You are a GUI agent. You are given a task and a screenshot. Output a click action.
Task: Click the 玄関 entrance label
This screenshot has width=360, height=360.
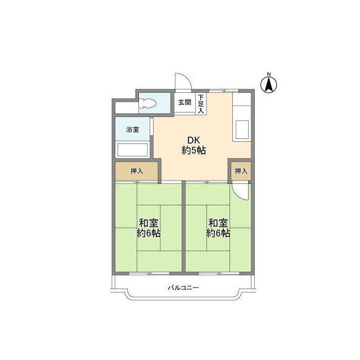(x=185, y=102)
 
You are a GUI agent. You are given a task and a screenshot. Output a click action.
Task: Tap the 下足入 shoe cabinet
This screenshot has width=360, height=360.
(x=201, y=103)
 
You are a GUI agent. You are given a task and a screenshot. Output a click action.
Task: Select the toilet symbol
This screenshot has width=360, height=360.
(x=147, y=103)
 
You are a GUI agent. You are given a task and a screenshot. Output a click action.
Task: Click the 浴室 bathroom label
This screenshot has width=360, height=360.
(x=133, y=129)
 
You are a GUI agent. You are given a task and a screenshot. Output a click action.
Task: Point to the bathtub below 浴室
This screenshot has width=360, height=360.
(x=133, y=150)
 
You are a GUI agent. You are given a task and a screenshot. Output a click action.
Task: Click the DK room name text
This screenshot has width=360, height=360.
(x=193, y=140)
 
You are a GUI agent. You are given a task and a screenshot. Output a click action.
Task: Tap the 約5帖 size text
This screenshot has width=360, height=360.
(x=193, y=150)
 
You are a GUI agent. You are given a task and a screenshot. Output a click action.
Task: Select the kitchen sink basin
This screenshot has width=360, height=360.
(x=242, y=130)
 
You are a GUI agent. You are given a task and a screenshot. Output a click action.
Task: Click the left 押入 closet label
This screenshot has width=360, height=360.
(x=137, y=171)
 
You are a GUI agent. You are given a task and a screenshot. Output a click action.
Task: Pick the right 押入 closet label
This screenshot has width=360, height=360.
(x=241, y=171)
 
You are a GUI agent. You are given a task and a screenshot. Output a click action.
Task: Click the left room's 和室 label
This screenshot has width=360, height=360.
(x=148, y=223)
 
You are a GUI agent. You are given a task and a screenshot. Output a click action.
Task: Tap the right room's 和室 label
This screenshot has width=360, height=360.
(x=218, y=223)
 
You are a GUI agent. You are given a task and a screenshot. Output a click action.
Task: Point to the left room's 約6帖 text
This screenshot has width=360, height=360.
(x=148, y=233)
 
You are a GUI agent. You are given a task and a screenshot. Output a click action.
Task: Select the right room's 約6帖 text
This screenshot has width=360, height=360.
(x=218, y=233)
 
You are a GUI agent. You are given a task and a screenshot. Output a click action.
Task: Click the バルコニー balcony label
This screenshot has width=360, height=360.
(x=183, y=287)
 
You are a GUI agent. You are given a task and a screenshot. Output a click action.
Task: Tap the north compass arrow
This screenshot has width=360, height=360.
(x=269, y=84)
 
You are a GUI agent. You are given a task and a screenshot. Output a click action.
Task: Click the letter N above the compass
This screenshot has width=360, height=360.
(x=269, y=74)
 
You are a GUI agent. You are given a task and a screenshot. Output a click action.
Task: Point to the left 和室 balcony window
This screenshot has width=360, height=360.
(x=149, y=273)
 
